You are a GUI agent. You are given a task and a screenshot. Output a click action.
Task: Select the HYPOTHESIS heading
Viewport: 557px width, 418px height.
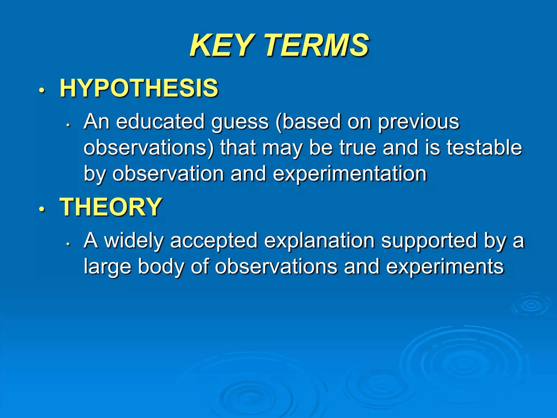(x=139, y=88)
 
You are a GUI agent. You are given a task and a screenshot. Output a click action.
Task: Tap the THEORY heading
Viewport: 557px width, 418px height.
(x=111, y=207)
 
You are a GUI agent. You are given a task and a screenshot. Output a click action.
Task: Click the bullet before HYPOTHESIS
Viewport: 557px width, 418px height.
(x=41, y=90)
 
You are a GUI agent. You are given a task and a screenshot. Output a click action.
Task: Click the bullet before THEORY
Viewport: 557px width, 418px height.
(x=41, y=209)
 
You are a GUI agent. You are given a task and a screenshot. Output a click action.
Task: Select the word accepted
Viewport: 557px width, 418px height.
(x=214, y=241)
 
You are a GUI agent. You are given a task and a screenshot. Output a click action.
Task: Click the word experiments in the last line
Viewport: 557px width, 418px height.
(x=445, y=267)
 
